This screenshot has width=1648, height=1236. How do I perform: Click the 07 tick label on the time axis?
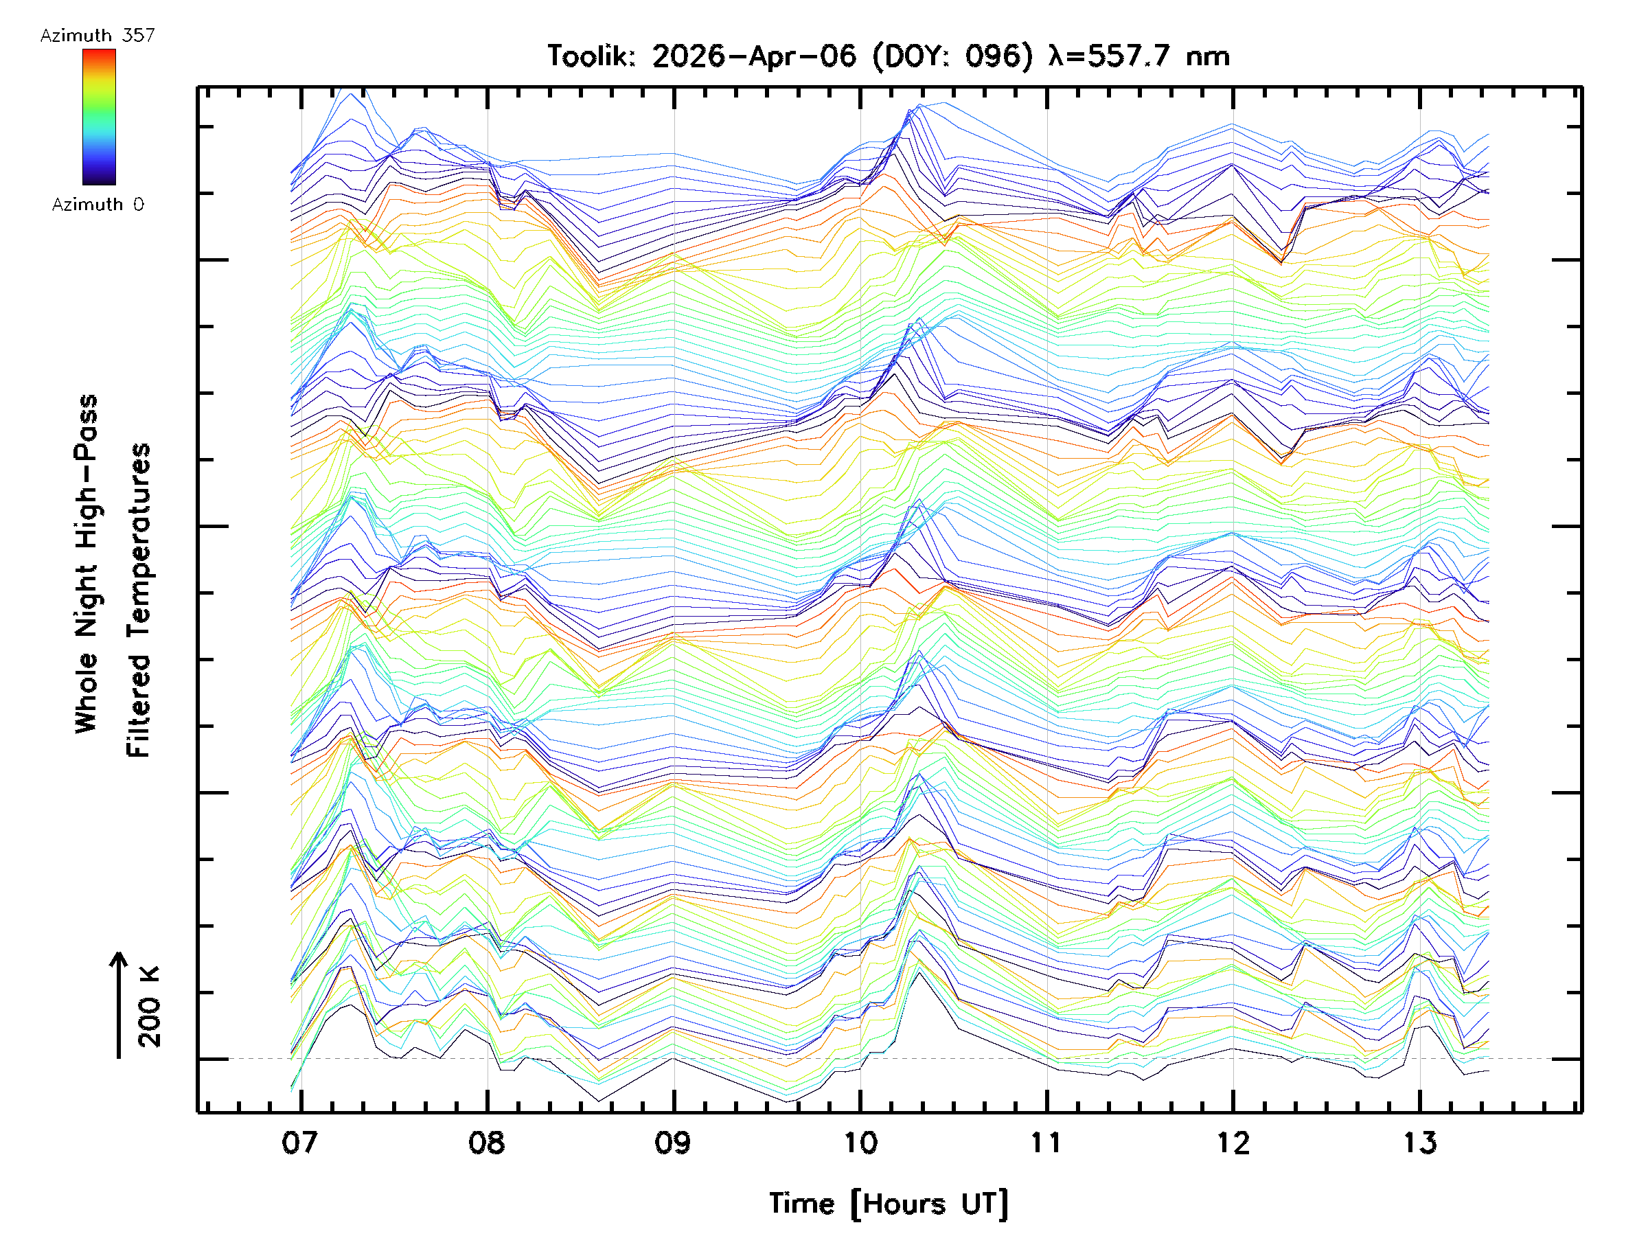click(x=300, y=1143)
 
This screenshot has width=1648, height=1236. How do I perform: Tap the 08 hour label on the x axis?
click(x=486, y=1143)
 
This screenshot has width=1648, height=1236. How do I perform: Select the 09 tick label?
click(x=674, y=1143)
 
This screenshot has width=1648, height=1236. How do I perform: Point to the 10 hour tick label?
click(x=860, y=1143)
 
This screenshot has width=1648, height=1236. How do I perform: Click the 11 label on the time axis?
click(x=1046, y=1143)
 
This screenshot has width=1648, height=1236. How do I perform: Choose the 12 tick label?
click(x=1233, y=1143)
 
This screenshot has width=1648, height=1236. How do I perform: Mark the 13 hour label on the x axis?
click(x=1419, y=1143)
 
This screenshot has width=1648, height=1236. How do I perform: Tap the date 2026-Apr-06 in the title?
click(x=754, y=56)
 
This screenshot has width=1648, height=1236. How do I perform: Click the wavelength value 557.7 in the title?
click(x=1130, y=56)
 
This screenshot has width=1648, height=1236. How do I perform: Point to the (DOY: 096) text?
click(x=953, y=56)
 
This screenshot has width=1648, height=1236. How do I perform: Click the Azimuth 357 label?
click(x=98, y=36)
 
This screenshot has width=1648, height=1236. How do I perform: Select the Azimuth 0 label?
click(x=98, y=205)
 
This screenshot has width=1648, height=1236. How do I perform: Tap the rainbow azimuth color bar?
click(x=99, y=117)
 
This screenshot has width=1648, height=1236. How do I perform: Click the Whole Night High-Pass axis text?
click(x=87, y=564)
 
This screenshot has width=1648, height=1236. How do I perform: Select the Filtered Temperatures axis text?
click(x=139, y=601)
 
